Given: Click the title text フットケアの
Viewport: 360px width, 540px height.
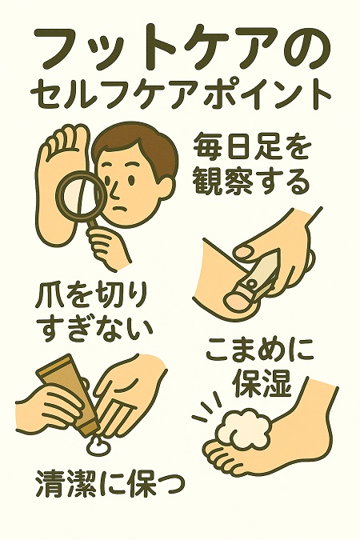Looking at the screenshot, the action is (x=180, y=49).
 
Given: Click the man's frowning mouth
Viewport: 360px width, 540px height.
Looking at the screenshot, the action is (x=120, y=208).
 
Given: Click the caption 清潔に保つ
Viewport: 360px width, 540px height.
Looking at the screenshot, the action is (x=109, y=486).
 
